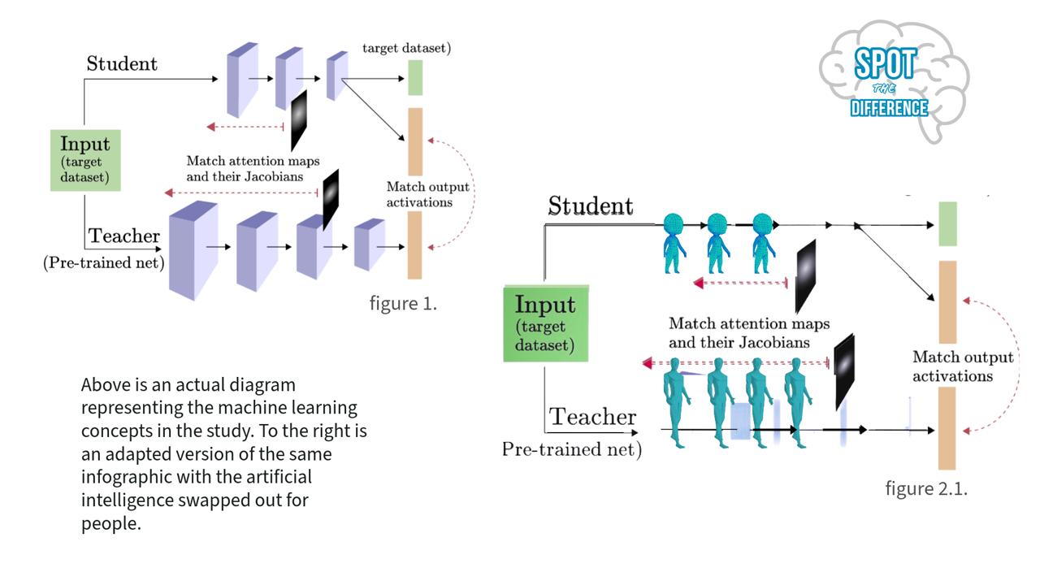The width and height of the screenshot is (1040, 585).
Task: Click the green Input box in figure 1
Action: [x=85, y=160]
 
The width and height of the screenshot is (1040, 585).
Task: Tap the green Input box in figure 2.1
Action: [x=545, y=323]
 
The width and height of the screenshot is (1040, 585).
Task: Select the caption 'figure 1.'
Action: [x=403, y=304]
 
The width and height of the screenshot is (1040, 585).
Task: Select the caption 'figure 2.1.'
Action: [x=926, y=488]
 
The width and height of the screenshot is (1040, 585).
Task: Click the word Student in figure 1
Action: [x=122, y=64]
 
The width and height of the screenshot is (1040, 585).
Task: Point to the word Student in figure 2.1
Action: [x=590, y=206]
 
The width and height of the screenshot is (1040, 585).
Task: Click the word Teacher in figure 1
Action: [x=124, y=236]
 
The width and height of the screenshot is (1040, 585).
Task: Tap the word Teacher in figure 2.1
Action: [x=593, y=418]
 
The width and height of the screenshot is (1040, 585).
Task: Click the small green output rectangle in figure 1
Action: [x=415, y=77]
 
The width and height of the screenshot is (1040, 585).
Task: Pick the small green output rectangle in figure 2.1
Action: [x=947, y=223]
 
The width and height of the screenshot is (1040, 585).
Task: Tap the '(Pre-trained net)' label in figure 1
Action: [x=103, y=262]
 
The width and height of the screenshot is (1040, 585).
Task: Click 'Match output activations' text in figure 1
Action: [x=419, y=195]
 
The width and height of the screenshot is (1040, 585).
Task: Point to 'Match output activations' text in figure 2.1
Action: [x=963, y=366]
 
